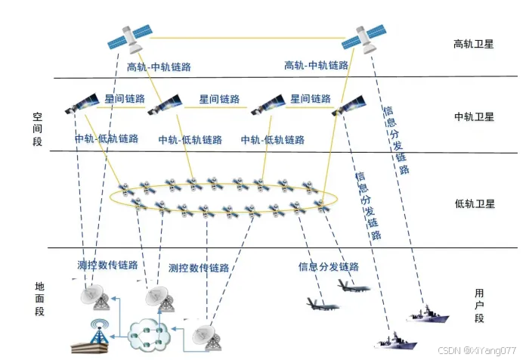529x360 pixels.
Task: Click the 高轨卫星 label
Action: coord(473,44)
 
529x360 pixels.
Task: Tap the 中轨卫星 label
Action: coord(473,116)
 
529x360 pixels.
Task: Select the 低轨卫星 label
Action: coord(473,203)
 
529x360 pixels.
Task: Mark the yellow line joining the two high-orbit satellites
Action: coord(246,36)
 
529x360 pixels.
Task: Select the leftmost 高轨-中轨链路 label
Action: coord(159,67)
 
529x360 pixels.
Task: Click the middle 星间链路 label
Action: coord(219,99)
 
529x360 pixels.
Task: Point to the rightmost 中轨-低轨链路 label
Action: coord(273,140)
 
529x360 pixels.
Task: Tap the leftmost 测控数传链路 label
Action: coord(108,265)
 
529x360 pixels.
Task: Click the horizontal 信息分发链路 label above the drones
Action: coord(328,266)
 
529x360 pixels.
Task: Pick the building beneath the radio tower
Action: coord(91,348)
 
